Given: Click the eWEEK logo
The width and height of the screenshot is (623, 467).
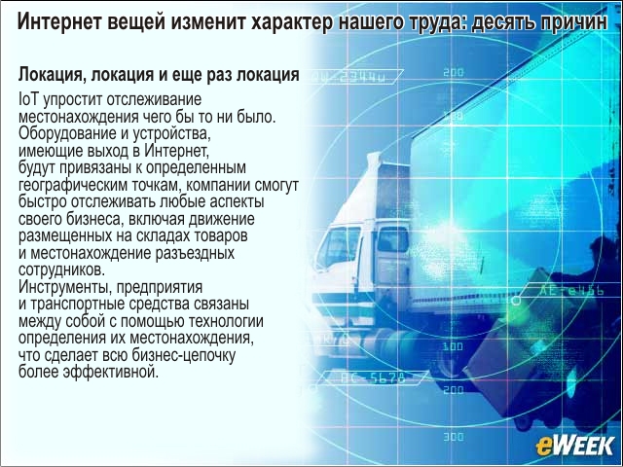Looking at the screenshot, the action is (x=575, y=446).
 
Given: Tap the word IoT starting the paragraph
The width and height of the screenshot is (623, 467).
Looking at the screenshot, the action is (x=28, y=99).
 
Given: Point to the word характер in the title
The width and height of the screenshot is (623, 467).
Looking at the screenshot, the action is (x=292, y=21).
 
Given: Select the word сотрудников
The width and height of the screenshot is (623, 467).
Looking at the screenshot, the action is (x=61, y=269).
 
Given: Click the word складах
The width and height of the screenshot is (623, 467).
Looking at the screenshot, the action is (x=164, y=235).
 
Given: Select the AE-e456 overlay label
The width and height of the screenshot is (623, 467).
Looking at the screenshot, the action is (x=570, y=291).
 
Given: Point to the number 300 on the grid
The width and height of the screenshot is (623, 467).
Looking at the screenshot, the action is (x=453, y=437).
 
